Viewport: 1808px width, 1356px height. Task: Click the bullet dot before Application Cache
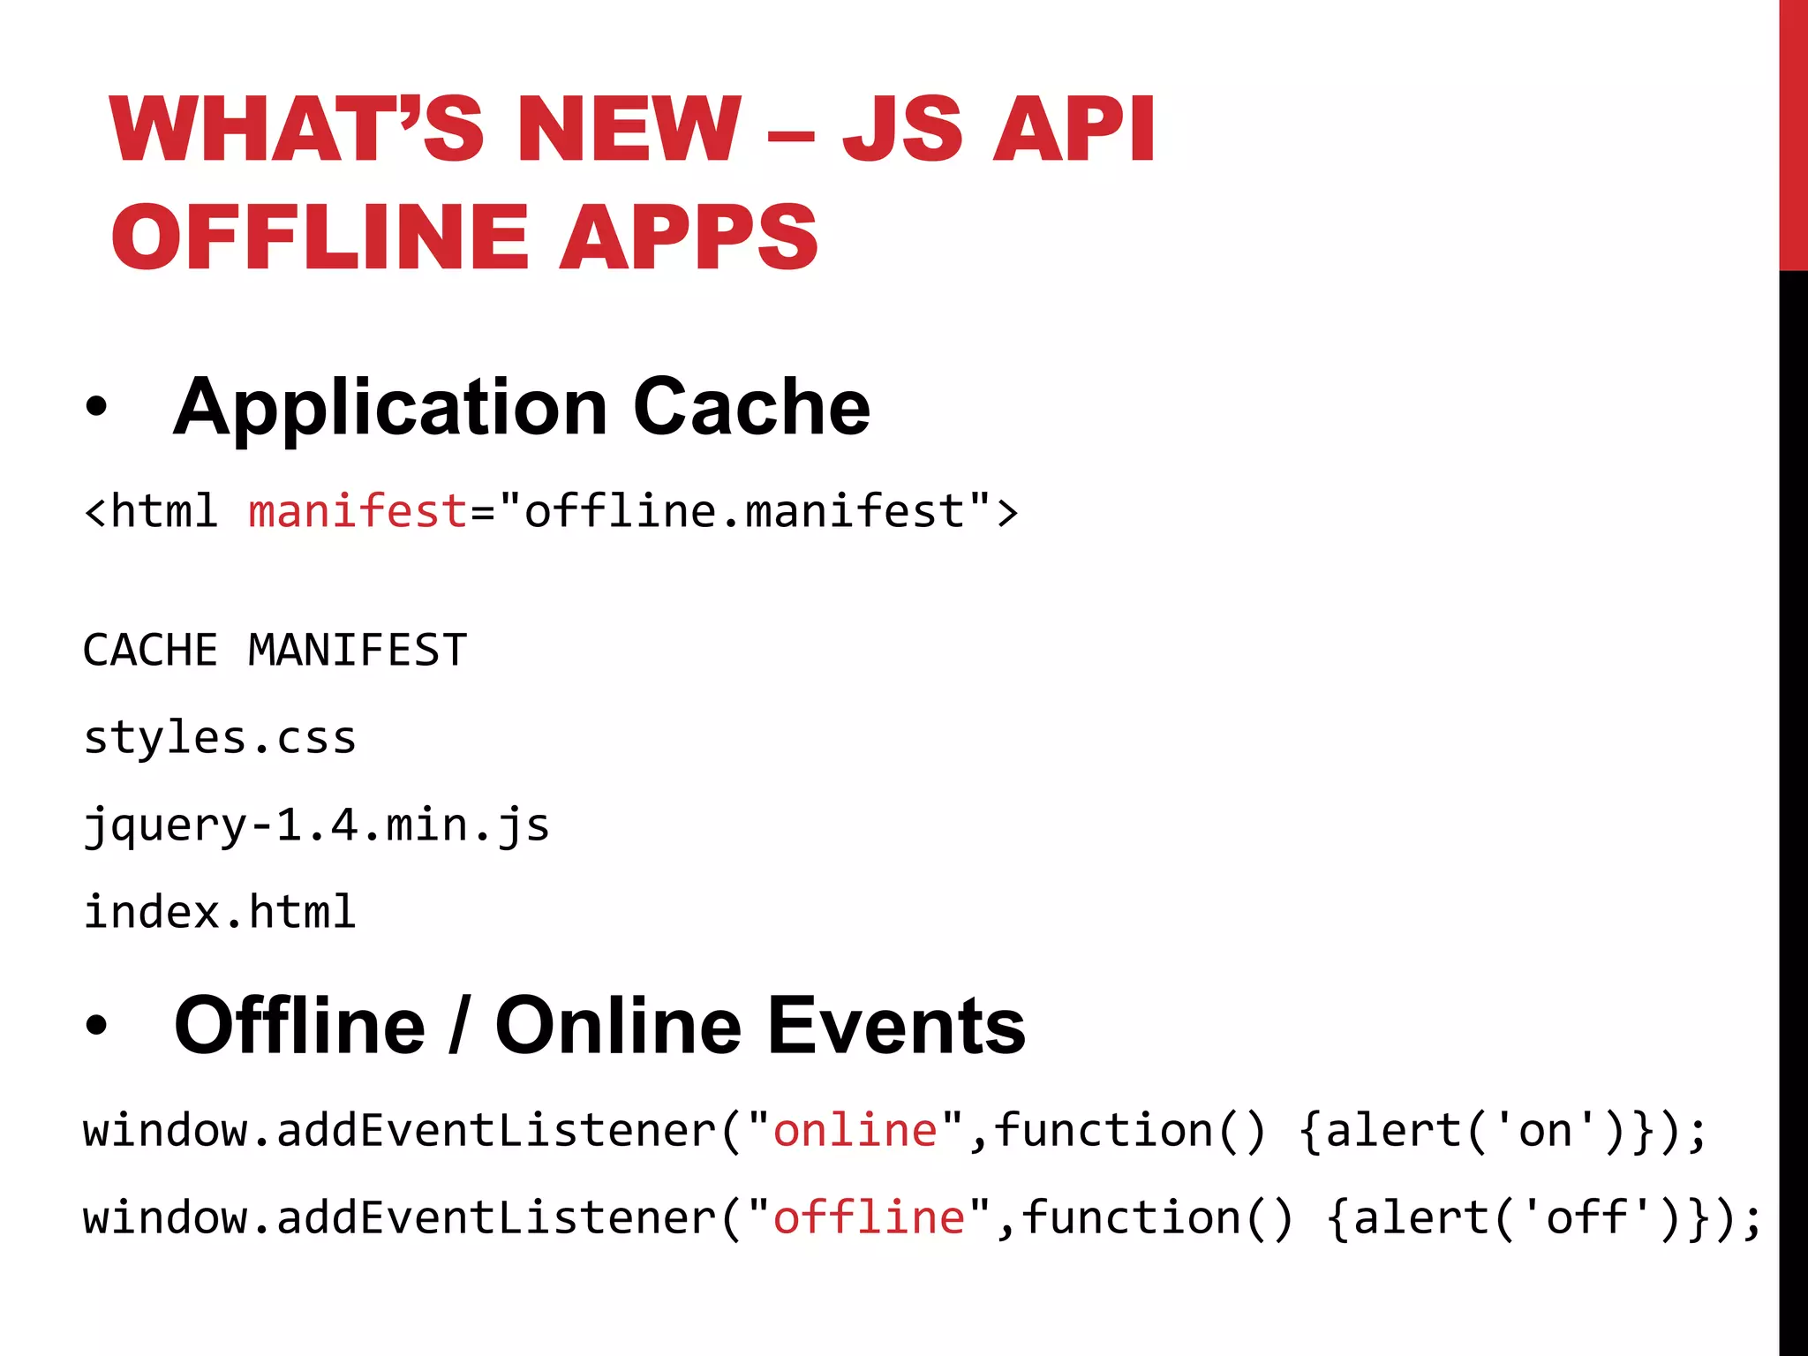tap(96, 408)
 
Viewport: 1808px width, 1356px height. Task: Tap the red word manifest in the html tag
tap(358, 512)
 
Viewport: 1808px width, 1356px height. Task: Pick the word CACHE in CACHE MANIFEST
tap(150, 652)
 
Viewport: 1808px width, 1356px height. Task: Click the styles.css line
tap(220, 738)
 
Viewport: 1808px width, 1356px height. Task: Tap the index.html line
tap(220, 912)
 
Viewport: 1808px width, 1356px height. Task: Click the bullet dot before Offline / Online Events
tap(96, 1026)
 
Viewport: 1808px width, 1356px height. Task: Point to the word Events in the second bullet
tap(896, 1026)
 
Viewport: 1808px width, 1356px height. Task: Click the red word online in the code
tap(855, 1131)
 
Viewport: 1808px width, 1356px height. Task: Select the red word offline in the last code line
tap(869, 1218)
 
